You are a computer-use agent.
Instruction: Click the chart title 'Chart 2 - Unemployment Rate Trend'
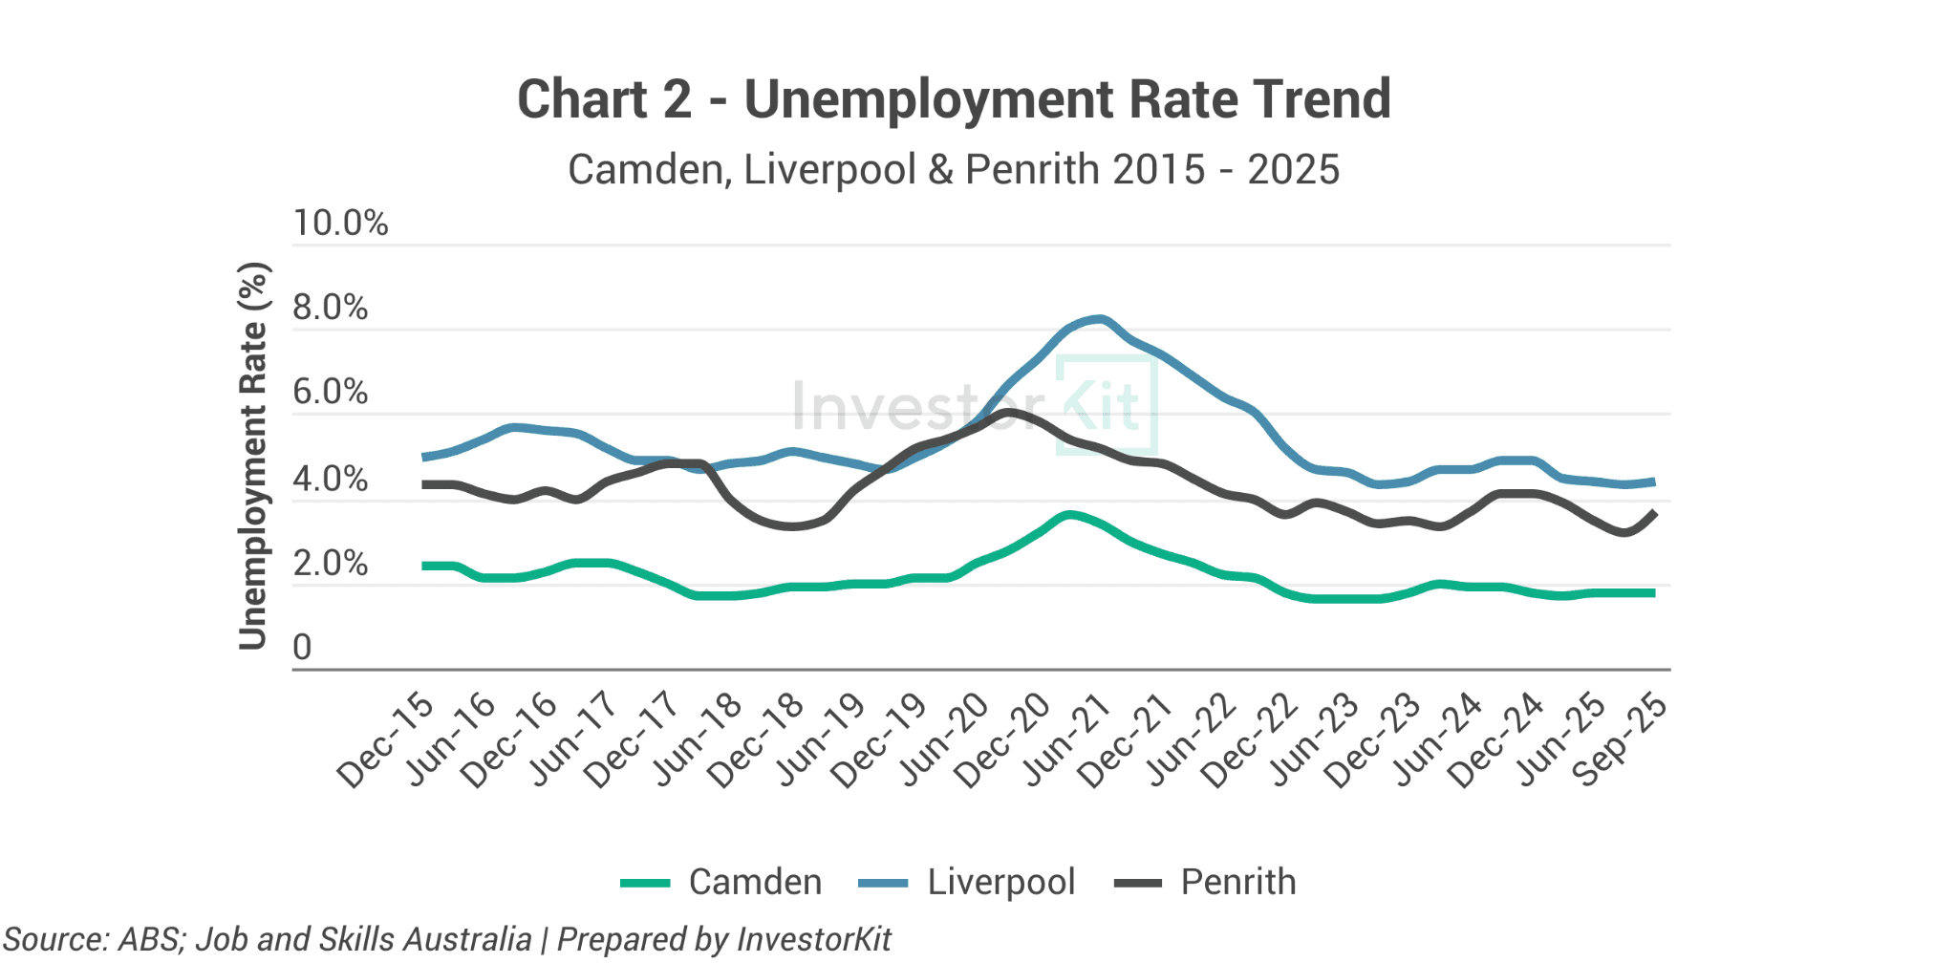954,99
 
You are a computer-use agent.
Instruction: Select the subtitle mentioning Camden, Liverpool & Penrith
954,170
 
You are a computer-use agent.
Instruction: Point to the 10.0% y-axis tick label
340,224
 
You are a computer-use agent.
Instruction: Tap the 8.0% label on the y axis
330,308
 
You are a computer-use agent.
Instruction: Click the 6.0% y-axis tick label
330,393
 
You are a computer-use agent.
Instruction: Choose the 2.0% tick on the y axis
330,564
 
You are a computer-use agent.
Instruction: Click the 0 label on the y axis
302,648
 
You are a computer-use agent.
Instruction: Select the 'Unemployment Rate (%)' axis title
253,456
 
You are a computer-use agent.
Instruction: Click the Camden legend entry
721,882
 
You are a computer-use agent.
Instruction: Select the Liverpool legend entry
966,882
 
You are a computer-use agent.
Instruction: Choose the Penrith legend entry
1205,882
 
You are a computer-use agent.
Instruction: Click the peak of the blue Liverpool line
1101,319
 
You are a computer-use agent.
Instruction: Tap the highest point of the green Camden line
1070,515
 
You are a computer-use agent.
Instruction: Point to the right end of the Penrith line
1654,513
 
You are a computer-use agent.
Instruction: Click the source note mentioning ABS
447,939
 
